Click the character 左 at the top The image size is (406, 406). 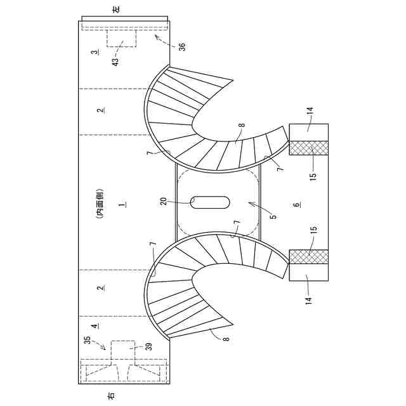pyautogui.click(x=124, y=11)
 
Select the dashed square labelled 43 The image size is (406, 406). pyautogui.click(x=122, y=37)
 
